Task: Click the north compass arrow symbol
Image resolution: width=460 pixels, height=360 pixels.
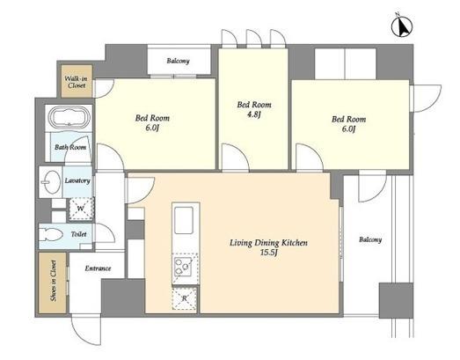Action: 402,26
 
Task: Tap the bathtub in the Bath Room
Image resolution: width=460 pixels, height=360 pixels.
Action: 69,118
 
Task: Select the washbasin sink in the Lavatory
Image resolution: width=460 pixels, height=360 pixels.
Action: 52,182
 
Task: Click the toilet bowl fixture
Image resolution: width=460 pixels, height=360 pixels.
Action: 51,235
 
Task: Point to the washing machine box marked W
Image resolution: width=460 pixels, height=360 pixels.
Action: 81,209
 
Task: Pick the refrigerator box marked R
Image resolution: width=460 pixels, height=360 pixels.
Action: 184,298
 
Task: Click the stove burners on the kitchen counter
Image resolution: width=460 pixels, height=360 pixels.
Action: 182,267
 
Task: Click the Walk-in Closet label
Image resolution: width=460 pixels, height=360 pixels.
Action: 77,82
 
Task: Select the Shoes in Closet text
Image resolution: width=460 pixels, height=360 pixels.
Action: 53,281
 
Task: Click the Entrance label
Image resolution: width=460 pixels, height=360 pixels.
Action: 98,268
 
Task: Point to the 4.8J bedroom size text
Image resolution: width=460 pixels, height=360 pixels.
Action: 254,114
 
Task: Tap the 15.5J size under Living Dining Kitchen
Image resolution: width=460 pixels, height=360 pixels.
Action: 268,253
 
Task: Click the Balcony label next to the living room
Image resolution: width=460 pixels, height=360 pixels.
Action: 370,239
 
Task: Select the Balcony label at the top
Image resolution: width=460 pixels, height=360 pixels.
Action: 178,61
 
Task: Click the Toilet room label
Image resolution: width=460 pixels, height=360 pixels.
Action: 78,234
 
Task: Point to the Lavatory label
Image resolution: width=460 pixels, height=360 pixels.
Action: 77,180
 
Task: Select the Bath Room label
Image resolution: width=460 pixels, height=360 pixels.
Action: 70,147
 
